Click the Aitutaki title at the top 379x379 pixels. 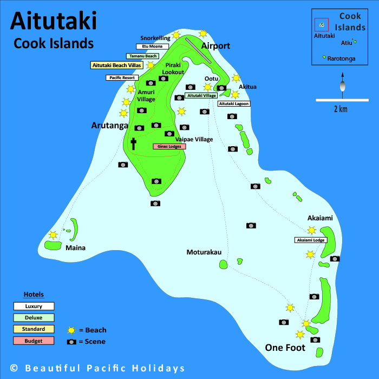(53, 22)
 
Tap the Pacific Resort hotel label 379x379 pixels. (122, 78)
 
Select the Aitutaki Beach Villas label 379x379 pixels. (116, 65)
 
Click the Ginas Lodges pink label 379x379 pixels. (169, 146)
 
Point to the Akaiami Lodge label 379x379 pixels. (310, 240)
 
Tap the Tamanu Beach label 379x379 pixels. (142, 56)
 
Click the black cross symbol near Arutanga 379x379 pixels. (133, 143)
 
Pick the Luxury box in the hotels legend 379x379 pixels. (34, 306)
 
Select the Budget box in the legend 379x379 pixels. (34, 341)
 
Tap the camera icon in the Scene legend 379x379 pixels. (71, 342)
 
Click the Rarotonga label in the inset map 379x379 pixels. (341, 58)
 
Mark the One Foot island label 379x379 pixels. (285, 348)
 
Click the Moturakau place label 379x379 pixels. (204, 252)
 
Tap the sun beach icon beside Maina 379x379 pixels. (53, 235)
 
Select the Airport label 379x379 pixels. (215, 46)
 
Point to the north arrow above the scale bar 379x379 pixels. (342, 84)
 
